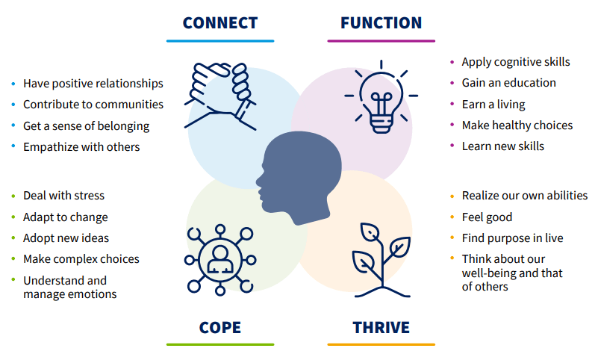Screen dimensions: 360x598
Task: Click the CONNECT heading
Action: click(220, 22)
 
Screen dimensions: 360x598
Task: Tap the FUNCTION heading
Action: click(381, 22)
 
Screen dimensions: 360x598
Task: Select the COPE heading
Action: click(219, 327)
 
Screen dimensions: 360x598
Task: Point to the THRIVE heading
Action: click(381, 327)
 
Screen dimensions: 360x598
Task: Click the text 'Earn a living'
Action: click(493, 105)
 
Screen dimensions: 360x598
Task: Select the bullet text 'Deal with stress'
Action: click(63, 196)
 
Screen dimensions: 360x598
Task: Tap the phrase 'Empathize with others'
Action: click(81, 147)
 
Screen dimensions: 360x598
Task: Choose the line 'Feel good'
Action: click(487, 217)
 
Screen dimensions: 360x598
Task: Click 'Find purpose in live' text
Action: click(512, 238)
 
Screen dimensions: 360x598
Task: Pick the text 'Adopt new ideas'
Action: click(66, 238)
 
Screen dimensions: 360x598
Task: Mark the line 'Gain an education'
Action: click(508, 83)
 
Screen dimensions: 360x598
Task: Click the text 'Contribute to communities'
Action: click(93, 105)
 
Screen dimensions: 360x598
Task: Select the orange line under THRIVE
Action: click(381, 344)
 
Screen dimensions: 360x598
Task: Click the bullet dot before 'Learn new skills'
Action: click(452, 147)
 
